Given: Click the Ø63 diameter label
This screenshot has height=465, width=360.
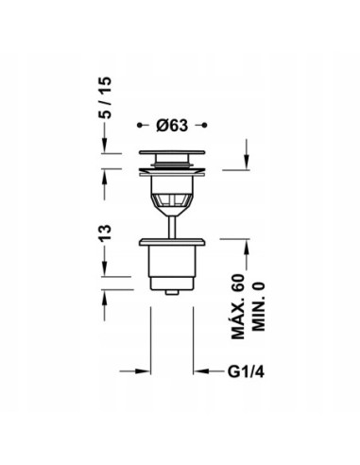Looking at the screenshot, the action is tap(172, 126).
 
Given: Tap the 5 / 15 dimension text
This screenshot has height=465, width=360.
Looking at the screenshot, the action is tap(105, 97).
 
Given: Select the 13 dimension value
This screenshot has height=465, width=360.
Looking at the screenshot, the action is tap(105, 232).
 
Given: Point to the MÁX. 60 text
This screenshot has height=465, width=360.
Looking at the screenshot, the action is tap(238, 306).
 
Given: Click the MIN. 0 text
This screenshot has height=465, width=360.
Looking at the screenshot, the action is tap(259, 306).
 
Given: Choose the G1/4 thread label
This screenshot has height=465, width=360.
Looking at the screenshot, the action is tap(246, 372).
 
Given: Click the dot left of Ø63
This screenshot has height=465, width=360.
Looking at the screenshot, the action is tap(139, 126).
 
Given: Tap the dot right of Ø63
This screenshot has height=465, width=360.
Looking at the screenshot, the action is tap(204, 126).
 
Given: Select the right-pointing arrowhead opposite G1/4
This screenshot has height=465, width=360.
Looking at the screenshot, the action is tap(144, 371).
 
